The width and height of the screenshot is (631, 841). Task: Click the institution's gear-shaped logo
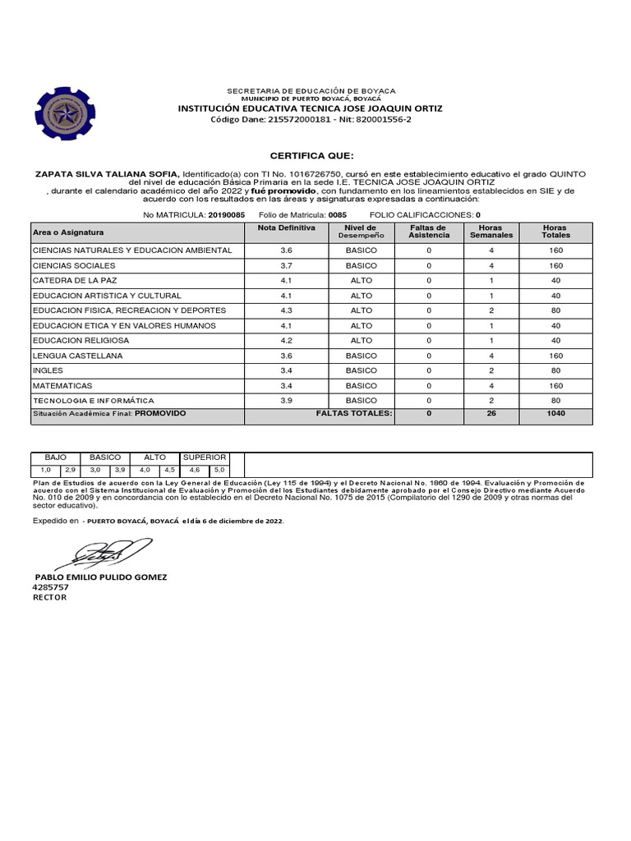click(64, 113)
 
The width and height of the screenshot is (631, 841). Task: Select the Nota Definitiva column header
click(285, 227)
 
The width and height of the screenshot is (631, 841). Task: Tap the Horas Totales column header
click(555, 232)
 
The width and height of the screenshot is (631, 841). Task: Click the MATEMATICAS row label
click(62, 385)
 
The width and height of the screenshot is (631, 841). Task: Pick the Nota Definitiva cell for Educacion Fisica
click(286, 310)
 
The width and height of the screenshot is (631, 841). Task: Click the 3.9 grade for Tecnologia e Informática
click(286, 400)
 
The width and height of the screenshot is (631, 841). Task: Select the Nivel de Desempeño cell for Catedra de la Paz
click(361, 280)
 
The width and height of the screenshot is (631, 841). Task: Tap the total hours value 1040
click(555, 414)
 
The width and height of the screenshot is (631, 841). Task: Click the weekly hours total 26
click(491, 414)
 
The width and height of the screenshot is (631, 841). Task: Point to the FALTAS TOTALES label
click(354, 414)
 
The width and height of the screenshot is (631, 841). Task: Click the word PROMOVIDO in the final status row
click(160, 414)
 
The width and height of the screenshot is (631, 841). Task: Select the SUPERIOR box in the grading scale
click(205, 457)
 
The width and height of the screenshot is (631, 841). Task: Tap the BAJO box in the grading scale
click(55, 457)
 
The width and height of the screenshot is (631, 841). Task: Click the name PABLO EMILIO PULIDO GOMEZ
click(99, 577)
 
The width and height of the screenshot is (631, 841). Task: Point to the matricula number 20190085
click(226, 214)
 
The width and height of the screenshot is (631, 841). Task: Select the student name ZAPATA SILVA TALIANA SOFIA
click(106, 174)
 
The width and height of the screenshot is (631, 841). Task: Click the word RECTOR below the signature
click(49, 597)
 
